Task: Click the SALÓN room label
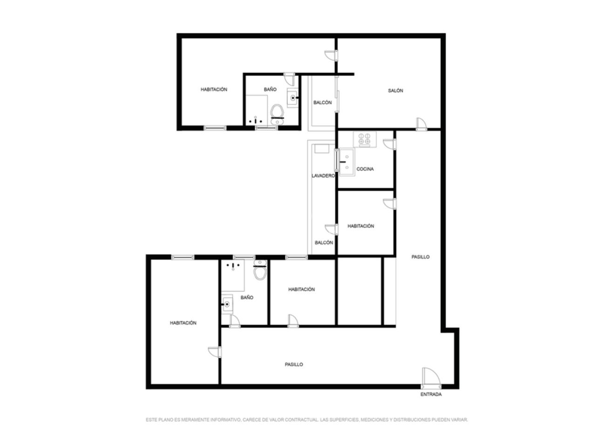pyautogui.click(x=395, y=91)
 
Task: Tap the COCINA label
pyautogui.click(x=365, y=169)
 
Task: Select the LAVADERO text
pyautogui.click(x=323, y=176)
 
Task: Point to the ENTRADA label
pyautogui.click(x=431, y=394)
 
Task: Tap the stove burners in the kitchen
pyautogui.click(x=365, y=139)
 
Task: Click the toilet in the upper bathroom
pyautogui.click(x=277, y=115)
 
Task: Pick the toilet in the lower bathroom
pyautogui.click(x=260, y=270)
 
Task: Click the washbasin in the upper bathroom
pyautogui.click(x=293, y=98)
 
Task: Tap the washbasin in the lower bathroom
pyautogui.click(x=227, y=304)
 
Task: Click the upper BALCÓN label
pyautogui.click(x=322, y=102)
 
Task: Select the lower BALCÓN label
pyautogui.click(x=324, y=243)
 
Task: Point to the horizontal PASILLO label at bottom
pyautogui.click(x=293, y=365)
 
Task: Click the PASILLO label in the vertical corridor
pyautogui.click(x=420, y=257)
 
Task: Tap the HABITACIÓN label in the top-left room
pyautogui.click(x=214, y=89)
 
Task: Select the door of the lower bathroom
pyautogui.click(x=235, y=321)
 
